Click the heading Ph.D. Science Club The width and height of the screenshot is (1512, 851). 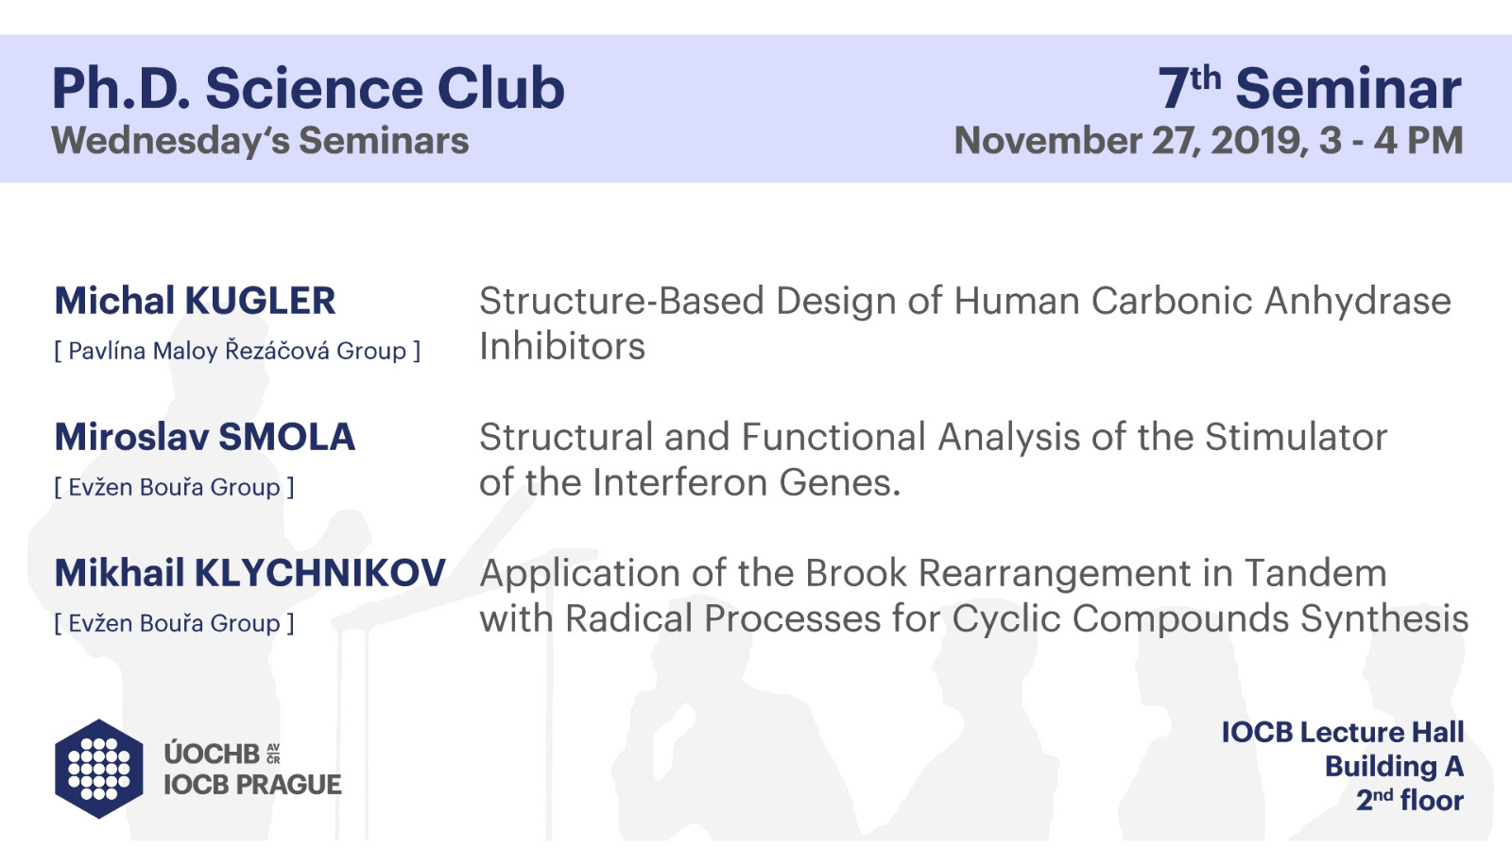point(308,89)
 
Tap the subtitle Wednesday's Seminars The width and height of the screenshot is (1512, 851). point(260,141)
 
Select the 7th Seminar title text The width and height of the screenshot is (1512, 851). point(1310,88)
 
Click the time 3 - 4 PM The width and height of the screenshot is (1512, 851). point(1390,141)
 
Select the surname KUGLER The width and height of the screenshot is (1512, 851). point(260,301)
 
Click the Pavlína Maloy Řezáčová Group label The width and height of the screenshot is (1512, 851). point(237,351)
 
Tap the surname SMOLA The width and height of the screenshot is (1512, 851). point(287,437)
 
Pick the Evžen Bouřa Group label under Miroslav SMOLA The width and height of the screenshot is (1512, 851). point(174,487)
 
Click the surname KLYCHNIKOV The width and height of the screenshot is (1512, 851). point(320,573)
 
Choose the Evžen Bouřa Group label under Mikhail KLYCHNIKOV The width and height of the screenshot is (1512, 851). point(174,623)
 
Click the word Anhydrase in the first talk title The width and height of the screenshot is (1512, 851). point(1357,302)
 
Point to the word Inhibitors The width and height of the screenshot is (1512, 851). point(562,346)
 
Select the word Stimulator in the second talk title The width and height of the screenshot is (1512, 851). point(1296,437)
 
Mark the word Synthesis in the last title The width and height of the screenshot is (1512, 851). point(1384,618)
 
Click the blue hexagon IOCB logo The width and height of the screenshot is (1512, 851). point(99,769)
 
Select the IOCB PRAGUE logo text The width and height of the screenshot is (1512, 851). point(252,785)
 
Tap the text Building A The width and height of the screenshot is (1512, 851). point(1394,767)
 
